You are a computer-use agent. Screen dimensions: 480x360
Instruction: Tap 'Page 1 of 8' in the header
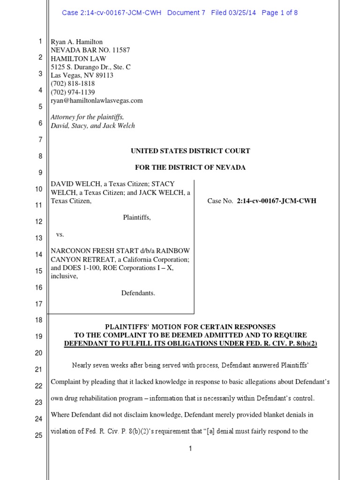coord(279,13)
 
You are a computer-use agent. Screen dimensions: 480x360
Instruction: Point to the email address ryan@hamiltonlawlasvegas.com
coord(97,100)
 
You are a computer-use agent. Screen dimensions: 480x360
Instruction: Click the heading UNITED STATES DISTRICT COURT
coord(190,151)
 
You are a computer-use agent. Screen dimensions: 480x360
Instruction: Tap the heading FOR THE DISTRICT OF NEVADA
coord(190,167)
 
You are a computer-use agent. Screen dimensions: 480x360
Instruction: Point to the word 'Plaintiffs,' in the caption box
coord(137,217)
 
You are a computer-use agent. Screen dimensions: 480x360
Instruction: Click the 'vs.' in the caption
coord(60,234)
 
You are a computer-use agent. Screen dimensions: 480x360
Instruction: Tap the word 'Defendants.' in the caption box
coord(138,293)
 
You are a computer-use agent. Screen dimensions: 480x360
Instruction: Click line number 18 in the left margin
coord(38,320)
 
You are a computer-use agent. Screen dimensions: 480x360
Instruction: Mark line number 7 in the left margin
coord(40,140)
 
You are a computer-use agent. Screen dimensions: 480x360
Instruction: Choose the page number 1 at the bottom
coord(190,449)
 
